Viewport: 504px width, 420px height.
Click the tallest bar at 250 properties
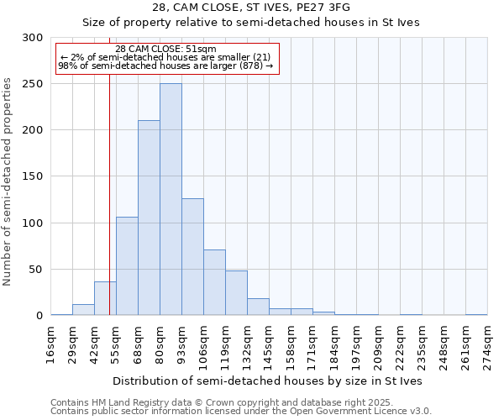pyautogui.click(x=171, y=199)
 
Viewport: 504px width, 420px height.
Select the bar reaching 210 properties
pyautogui.click(x=149, y=218)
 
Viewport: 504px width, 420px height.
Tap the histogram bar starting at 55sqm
pyautogui.click(x=127, y=265)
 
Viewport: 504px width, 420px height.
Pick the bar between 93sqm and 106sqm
pyautogui.click(x=192, y=256)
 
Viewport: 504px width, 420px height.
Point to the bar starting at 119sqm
pyautogui.click(x=236, y=292)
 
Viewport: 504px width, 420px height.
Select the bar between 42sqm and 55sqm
pyautogui.click(x=105, y=298)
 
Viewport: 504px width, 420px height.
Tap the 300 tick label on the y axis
pyautogui.click(x=33, y=38)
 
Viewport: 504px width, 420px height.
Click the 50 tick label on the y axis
pyautogui.click(x=36, y=270)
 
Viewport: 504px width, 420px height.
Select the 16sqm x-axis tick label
pyautogui.click(x=51, y=343)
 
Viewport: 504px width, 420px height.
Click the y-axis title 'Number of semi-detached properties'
pyautogui.click(x=8, y=181)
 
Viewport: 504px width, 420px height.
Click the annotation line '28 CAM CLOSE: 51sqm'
pyautogui.click(x=165, y=49)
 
